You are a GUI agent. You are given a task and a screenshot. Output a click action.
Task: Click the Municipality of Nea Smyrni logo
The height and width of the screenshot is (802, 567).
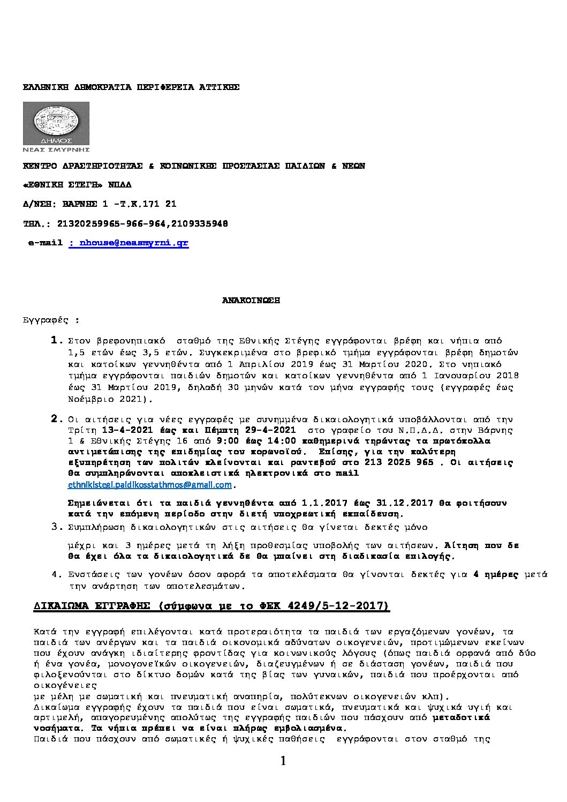56,127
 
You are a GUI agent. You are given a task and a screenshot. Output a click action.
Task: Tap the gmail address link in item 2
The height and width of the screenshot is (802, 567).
150,485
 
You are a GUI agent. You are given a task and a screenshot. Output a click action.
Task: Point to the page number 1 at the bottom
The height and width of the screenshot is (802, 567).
283,761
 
